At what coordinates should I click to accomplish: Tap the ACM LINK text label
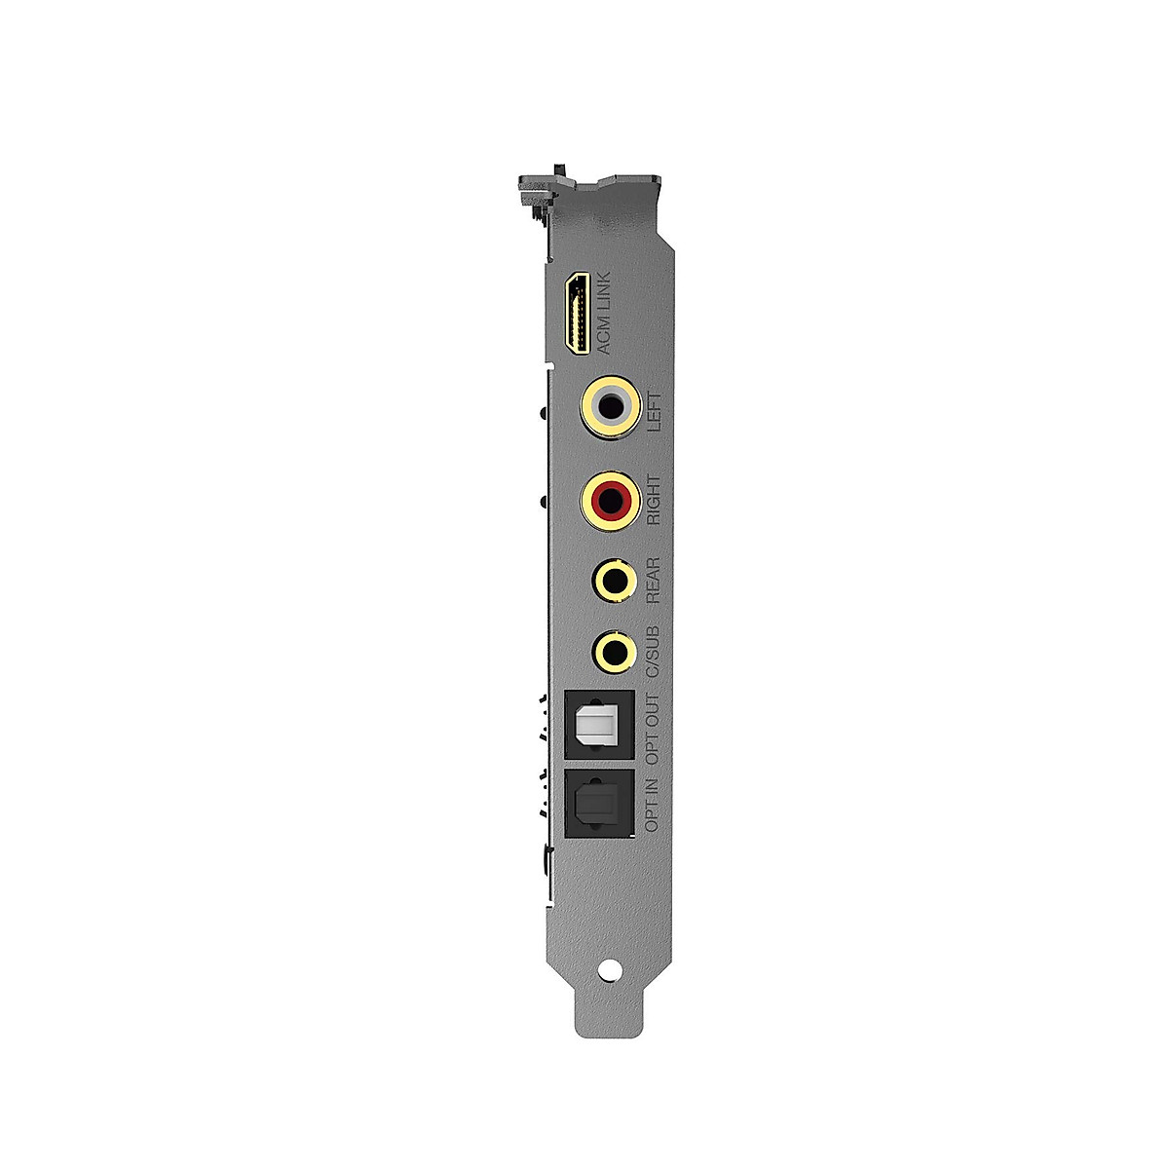point(603,314)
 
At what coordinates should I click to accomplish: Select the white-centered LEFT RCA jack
point(612,406)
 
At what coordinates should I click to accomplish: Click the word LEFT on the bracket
point(654,412)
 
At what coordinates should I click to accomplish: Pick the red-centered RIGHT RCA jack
point(612,500)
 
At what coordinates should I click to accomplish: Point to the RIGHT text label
point(654,501)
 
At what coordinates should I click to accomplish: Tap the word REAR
point(654,580)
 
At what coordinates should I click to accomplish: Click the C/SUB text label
point(654,652)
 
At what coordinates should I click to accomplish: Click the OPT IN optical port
point(599,804)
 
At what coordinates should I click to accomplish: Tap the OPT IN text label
point(654,801)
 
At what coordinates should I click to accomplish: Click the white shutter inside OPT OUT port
point(597,726)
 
